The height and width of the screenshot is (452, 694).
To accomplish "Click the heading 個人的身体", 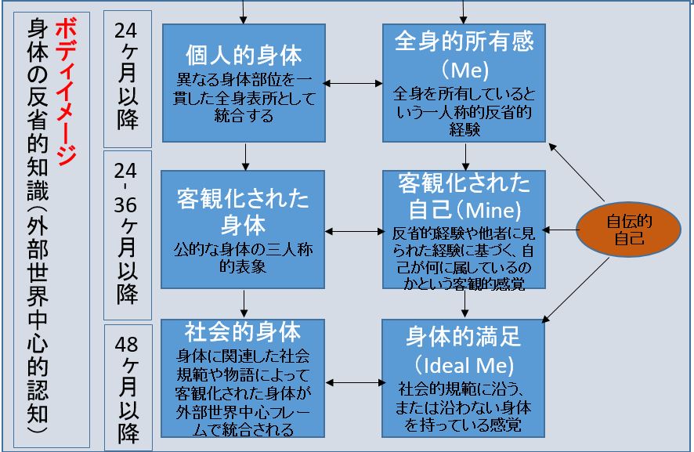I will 244,55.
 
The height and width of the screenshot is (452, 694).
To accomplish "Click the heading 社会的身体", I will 244,329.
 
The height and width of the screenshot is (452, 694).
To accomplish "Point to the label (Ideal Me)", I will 464,365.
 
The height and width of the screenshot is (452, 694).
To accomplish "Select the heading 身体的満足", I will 464,338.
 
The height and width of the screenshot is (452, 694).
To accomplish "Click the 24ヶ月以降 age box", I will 126,79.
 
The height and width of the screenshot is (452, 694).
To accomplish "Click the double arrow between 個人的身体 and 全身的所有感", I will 354,82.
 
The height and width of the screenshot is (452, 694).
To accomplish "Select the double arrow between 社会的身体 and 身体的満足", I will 354,383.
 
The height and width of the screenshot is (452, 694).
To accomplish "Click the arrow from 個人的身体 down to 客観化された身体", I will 245,156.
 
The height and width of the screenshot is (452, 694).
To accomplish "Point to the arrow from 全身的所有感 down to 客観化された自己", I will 466,157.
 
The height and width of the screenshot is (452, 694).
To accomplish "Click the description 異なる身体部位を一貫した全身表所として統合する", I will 244,98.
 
